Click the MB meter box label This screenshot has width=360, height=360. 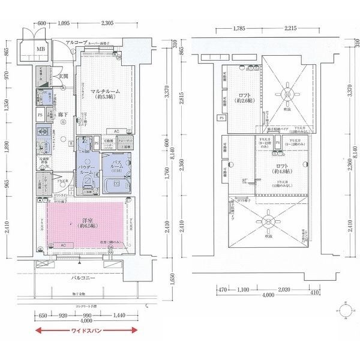coord(41,49)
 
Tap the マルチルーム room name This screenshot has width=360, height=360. coord(104,91)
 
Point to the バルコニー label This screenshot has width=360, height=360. coord(83,279)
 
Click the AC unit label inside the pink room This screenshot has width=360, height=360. coord(63,245)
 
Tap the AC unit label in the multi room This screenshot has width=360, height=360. coord(117,131)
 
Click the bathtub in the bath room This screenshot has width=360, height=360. coord(115,184)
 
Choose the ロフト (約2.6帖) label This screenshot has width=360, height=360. coord(244,97)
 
